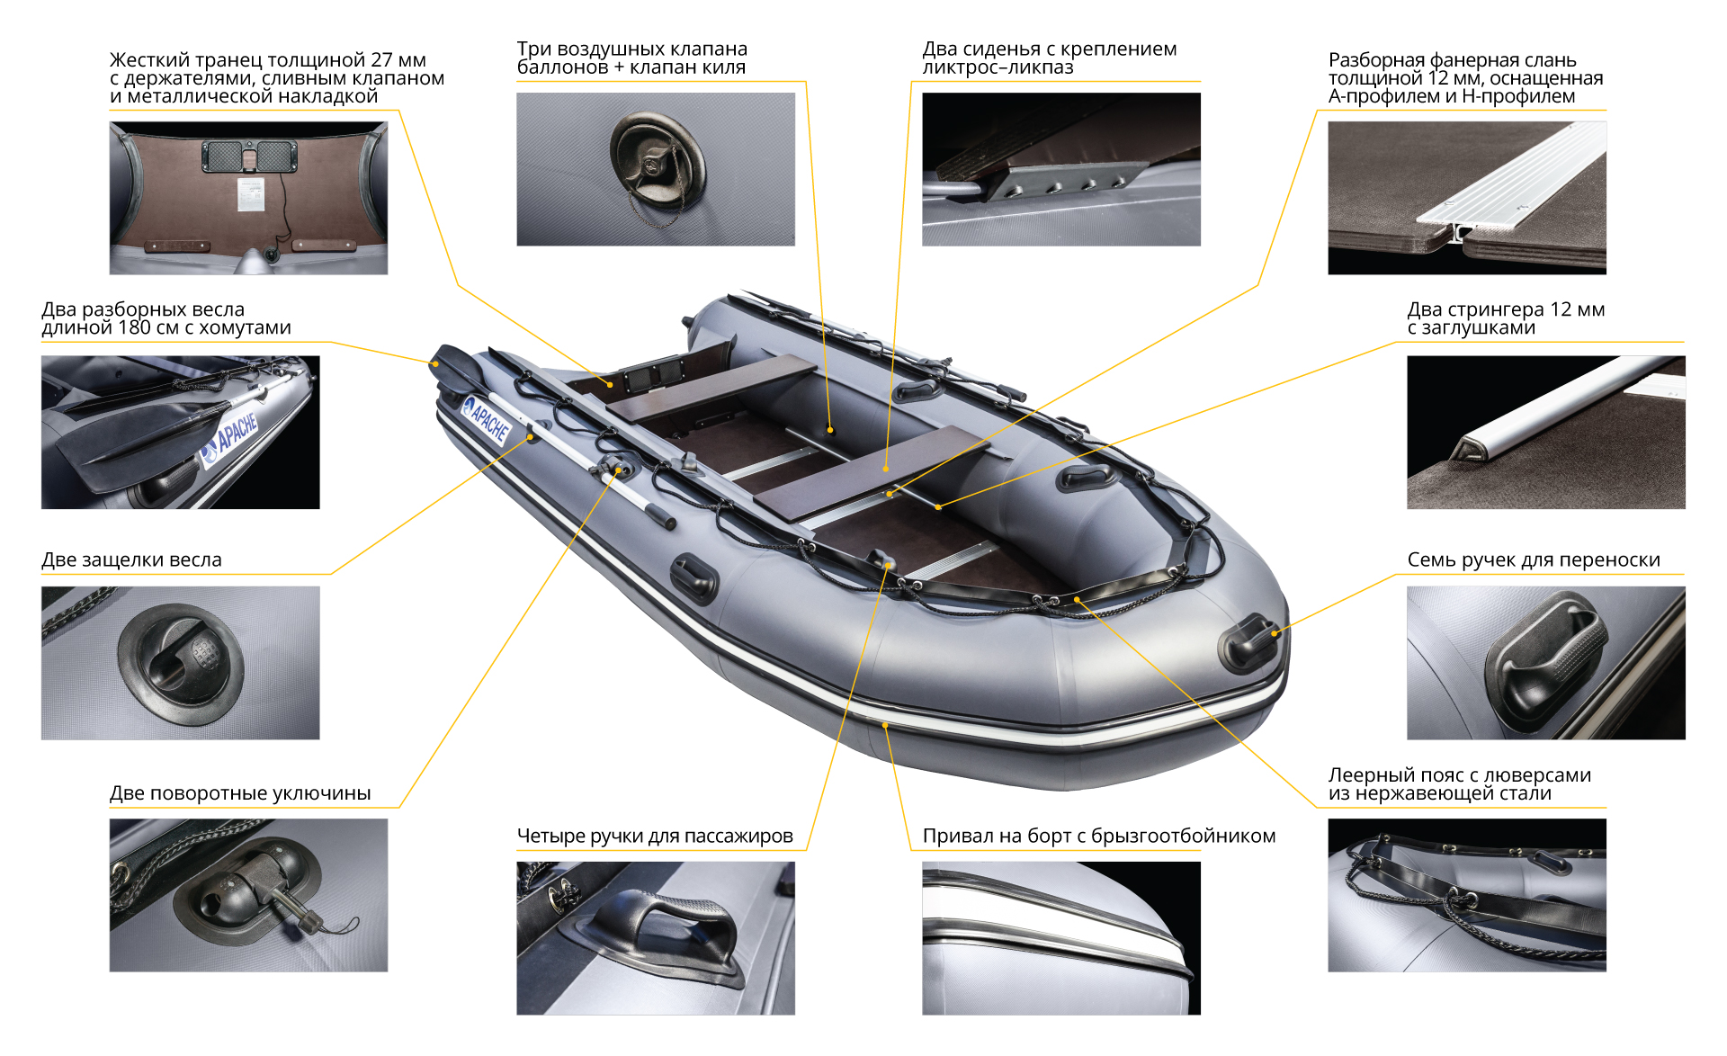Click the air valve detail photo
tap(656, 169)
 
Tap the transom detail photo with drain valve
tap(248, 198)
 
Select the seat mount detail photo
tap(1061, 169)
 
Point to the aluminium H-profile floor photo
tap(1467, 198)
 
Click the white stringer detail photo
tap(1546, 433)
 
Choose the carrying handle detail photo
tap(1546, 663)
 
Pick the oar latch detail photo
tap(181, 663)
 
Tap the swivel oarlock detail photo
tap(248, 895)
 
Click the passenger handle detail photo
tap(656, 938)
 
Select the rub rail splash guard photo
tap(1061, 938)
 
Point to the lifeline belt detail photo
tap(1467, 895)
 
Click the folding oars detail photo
tap(181, 433)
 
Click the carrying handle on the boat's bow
tap(1248, 640)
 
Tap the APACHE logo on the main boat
tap(487, 420)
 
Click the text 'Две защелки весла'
tap(131, 559)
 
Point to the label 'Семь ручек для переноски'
tap(1534, 559)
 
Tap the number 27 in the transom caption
tap(381, 60)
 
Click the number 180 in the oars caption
tap(135, 327)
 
